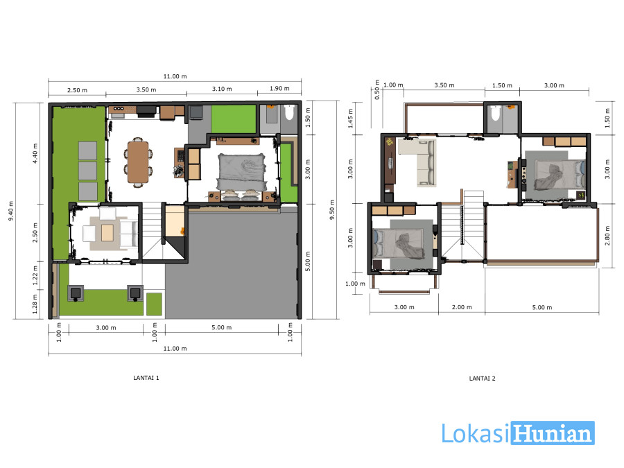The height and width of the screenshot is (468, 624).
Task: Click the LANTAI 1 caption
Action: coord(146,378)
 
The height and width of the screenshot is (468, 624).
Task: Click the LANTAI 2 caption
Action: coord(482,379)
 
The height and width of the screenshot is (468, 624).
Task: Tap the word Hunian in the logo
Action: coord(553,433)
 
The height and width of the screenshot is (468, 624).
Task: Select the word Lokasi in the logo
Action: coord(476,433)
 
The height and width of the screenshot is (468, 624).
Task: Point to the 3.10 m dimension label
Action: coord(222,89)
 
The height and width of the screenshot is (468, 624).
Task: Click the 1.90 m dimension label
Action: coord(279,88)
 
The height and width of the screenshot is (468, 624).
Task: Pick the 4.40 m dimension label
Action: coord(35,153)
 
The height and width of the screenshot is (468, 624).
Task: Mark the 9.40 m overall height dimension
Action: coord(10,211)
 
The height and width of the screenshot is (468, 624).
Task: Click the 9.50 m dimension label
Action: coord(332,209)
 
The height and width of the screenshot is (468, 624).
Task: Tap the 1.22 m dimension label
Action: coord(35,275)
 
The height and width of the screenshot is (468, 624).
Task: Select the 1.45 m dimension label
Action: coord(351,118)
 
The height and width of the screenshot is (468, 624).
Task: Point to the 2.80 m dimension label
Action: coord(607,236)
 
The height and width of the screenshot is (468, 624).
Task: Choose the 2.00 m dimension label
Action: coord(462,307)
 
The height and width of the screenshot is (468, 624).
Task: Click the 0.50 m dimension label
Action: coord(377,90)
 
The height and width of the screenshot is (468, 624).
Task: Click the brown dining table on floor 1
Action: coord(138,162)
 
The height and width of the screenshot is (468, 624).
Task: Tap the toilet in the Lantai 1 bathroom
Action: coord(289,112)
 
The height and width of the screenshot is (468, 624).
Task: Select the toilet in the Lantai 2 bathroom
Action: coord(495,112)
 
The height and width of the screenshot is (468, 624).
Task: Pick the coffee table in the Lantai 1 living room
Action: coord(107,233)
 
